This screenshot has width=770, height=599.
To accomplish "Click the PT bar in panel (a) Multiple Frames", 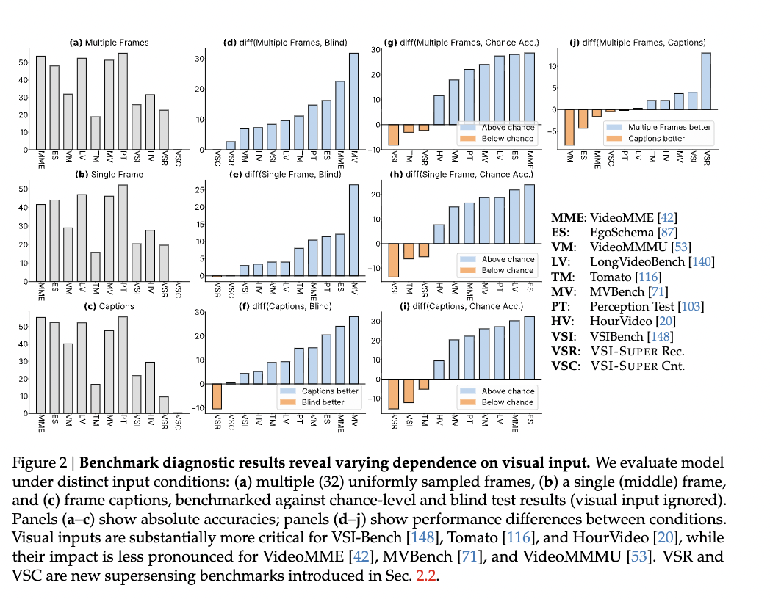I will [123, 101].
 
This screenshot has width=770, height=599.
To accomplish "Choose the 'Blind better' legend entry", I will [321, 402].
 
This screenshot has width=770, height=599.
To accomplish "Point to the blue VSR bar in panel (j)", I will [706, 81].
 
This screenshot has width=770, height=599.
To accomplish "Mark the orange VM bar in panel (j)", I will [569, 127].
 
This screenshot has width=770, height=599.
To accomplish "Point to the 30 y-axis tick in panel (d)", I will [198, 57].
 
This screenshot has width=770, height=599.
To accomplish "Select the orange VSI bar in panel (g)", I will [394, 135].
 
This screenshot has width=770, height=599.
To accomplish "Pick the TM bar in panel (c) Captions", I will [95, 399].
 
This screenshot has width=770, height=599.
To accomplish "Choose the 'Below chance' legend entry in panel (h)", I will [508, 270].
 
